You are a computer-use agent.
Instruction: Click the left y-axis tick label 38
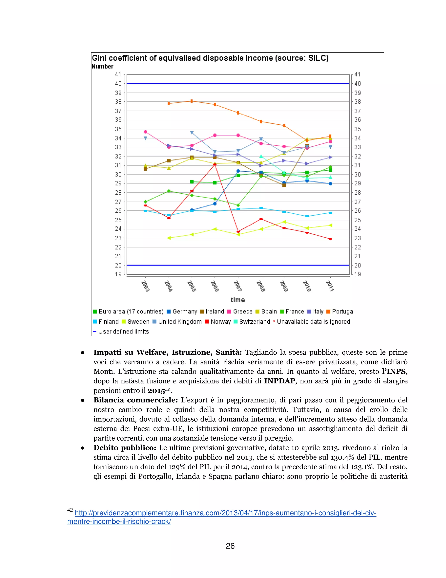tap(118, 102)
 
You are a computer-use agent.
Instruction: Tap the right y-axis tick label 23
tap(358, 238)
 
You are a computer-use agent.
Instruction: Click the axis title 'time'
tap(238, 300)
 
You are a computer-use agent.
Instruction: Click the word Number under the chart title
tap(102, 67)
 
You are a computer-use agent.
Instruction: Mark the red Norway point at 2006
tap(215, 165)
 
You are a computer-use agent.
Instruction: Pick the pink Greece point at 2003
tap(145, 132)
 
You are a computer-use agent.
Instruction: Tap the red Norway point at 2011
tap(330, 239)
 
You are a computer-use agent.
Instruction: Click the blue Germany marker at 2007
tap(238, 171)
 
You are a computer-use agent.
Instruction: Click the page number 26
tap(230, 546)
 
